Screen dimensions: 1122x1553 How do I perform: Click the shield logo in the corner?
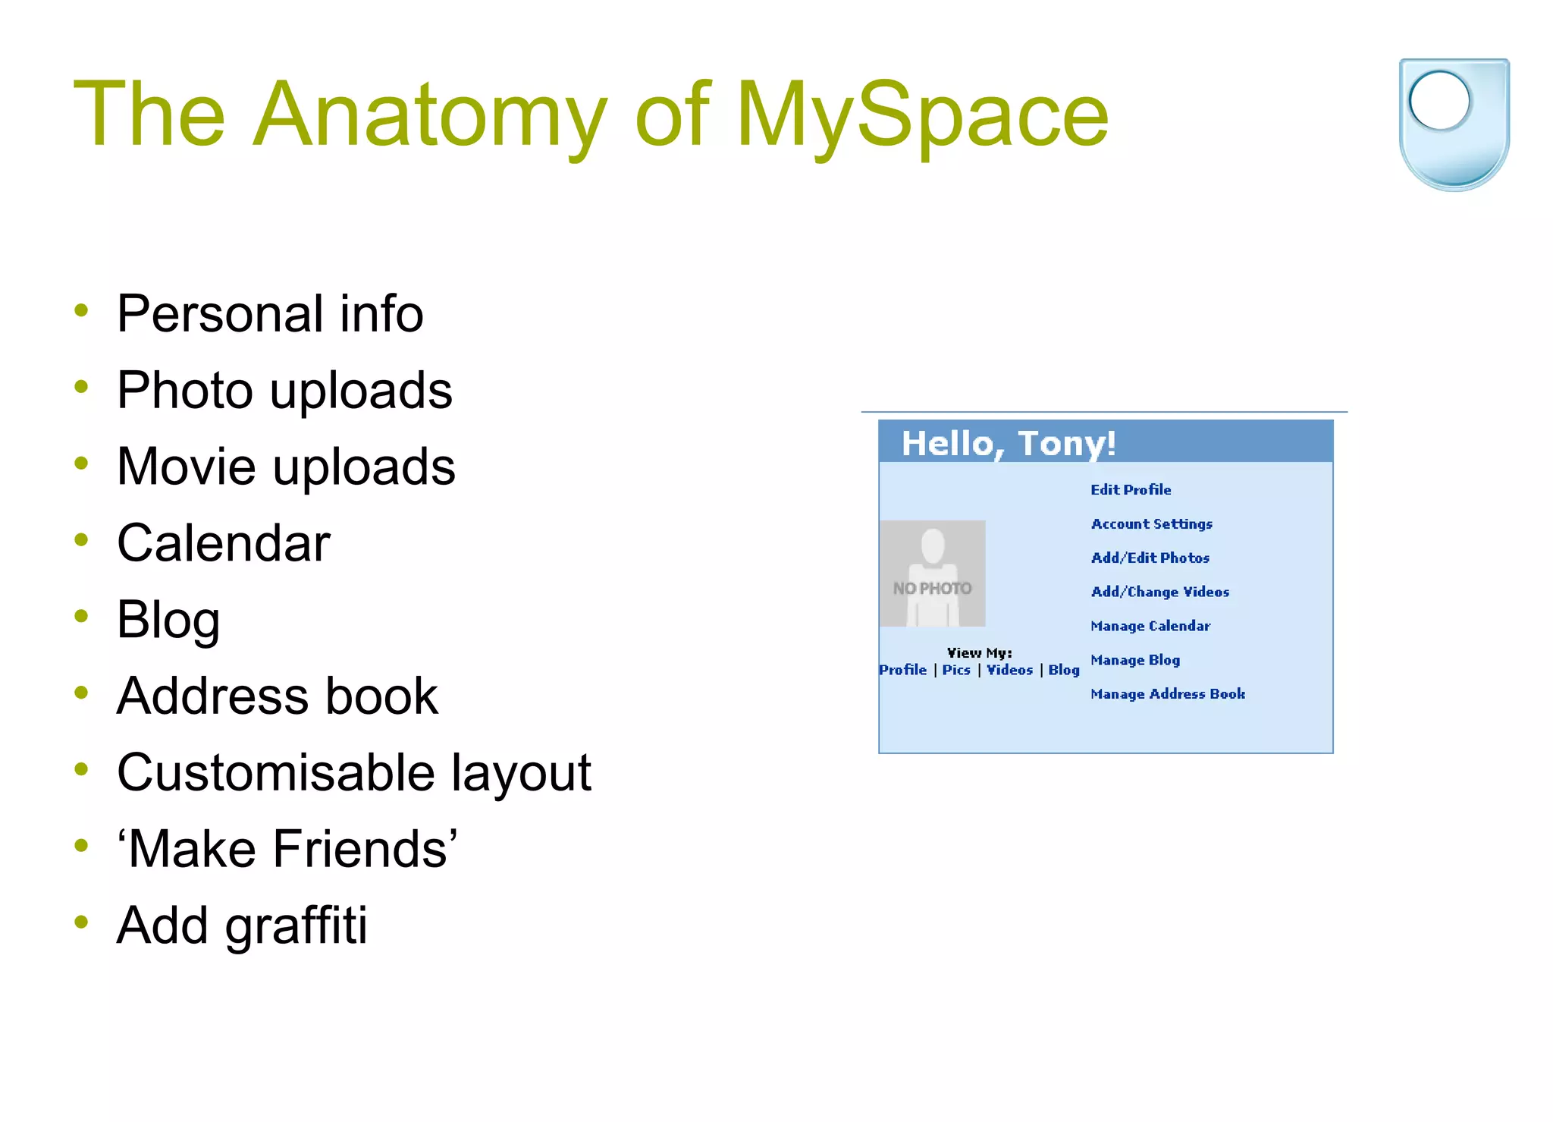point(1454,124)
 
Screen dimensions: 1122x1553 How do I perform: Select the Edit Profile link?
point(1131,490)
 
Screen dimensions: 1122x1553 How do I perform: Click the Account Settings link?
point(1151,524)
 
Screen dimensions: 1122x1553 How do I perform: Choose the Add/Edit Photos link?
point(1150,558)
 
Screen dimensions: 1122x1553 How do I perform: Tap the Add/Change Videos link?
point(1159,592)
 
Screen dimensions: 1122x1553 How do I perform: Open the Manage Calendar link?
point(1150,627)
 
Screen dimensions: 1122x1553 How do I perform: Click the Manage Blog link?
point(1134,660)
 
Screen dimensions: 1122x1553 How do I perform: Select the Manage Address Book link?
point(1167,694)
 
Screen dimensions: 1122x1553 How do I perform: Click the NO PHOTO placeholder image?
point(933,574)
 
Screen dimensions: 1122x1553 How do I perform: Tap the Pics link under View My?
point(956,670)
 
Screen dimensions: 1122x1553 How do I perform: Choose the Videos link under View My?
point(1009,670)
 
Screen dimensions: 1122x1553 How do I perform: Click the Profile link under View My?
point(902,670)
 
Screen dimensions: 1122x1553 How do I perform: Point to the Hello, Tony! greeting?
point(1008,443)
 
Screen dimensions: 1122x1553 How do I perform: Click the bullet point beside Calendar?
point(82,540)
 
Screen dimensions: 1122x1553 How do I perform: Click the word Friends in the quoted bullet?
point(364,848)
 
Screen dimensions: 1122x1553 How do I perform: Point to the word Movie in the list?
point(187,466)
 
